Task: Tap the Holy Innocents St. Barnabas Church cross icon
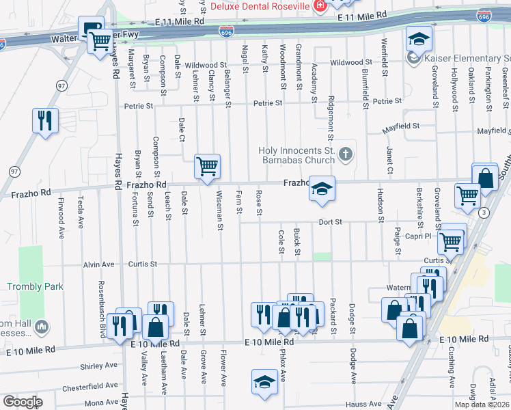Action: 346,154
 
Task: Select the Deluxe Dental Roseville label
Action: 259,6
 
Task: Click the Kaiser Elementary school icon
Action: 413,59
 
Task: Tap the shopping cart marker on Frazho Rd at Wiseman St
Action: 207,165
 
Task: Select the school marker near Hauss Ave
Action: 264,382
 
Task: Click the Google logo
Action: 23,402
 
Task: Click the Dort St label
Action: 329,222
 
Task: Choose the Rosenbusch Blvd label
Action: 101,301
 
